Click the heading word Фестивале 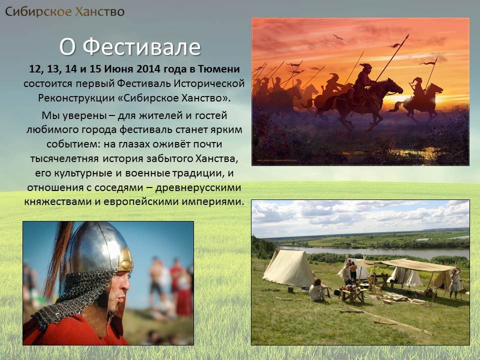[x=141, y=47]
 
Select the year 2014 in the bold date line [x=148, y=69]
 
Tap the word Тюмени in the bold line [x=219, y=69]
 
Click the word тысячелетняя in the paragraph [x=64, y=158]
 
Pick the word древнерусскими [x=198, y=187]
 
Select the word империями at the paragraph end [x=213, y=202]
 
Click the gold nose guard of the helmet [x=126, y=260]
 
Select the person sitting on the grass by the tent [x=318, y=290]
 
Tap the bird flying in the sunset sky [x=338, y=37]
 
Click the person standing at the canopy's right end [x=454, y=283]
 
